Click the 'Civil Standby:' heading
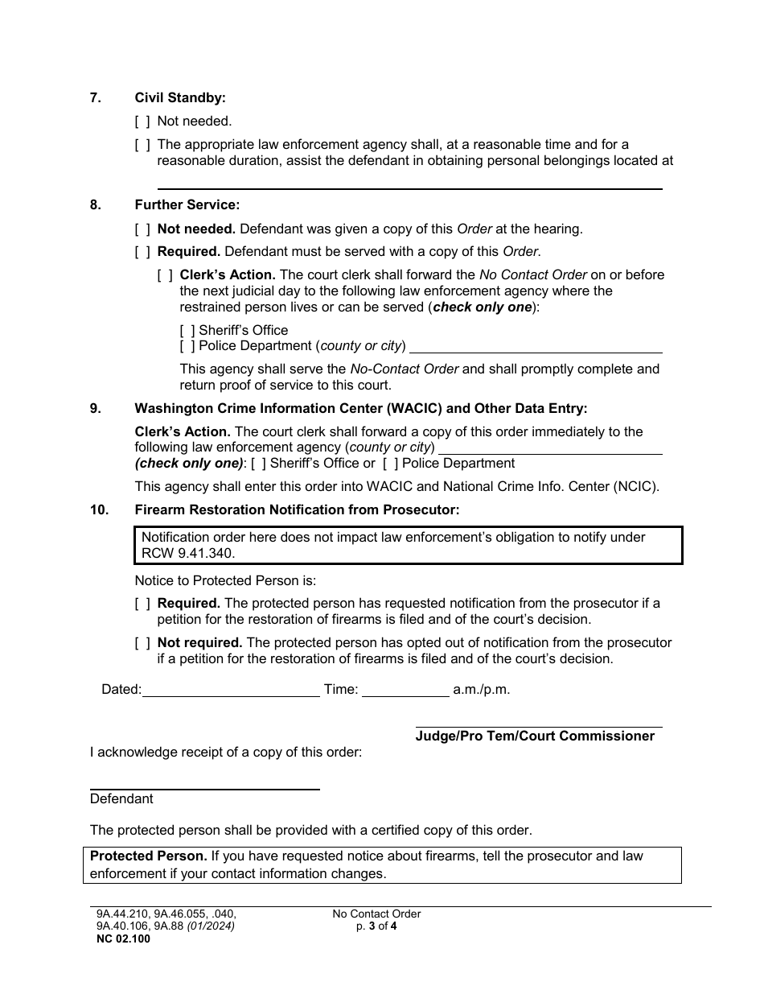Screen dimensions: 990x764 pyautogui.click(x=180, y=97)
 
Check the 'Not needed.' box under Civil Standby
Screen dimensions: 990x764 pyautogui.click(x=142, y=122)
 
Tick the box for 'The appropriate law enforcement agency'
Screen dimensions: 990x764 pyautogui.click(x=142, y=145)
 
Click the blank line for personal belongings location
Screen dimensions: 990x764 pyautogui.click(x=409, y=182)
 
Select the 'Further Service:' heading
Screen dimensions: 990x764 pyautogui.click(x=187, y=205)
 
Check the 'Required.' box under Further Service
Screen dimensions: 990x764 pyautogui.click(x=142, y=252)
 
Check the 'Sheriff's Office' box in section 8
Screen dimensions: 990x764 pyautogui.click(x=187, y=331)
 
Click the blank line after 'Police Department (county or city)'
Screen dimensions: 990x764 pyautogui.click(x=536, y=347)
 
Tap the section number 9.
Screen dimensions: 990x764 pyautogui.click(x=96, y=408)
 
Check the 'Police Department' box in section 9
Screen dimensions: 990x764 pyautogui.click(x=390, y=464)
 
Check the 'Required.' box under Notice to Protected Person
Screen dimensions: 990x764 pyautogui.click(x=142, y=604)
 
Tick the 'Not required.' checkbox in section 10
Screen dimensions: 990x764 pyautogui.click(x=142, y=643)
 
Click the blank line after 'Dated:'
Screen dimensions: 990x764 pyautogui.click(x=231, y=691)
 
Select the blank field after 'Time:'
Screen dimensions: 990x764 pyautogui.click(x=405, y=691)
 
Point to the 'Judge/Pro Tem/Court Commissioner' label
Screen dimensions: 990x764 pyautogui.click(x=535, y=736)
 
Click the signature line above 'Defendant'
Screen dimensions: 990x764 pyautogui.click(x=204, y=784)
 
